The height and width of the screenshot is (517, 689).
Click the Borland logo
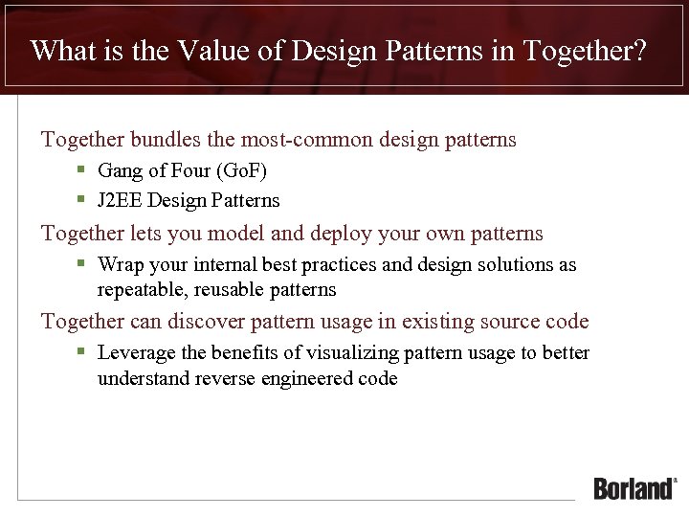pyautogui.click(x=634, y=487)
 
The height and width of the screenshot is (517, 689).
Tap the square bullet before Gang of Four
pyautogui.click(x=82, y=171)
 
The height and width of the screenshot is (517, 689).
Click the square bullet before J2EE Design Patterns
pyautogui.click(x=82, y=200)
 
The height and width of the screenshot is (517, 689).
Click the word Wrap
pyautogui.click(x=119, y=265)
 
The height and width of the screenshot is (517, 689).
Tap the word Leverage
pyautogui.click(x=136, y=353)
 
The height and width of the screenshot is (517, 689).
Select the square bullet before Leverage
pyautogui.click(x=82, y=352)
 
